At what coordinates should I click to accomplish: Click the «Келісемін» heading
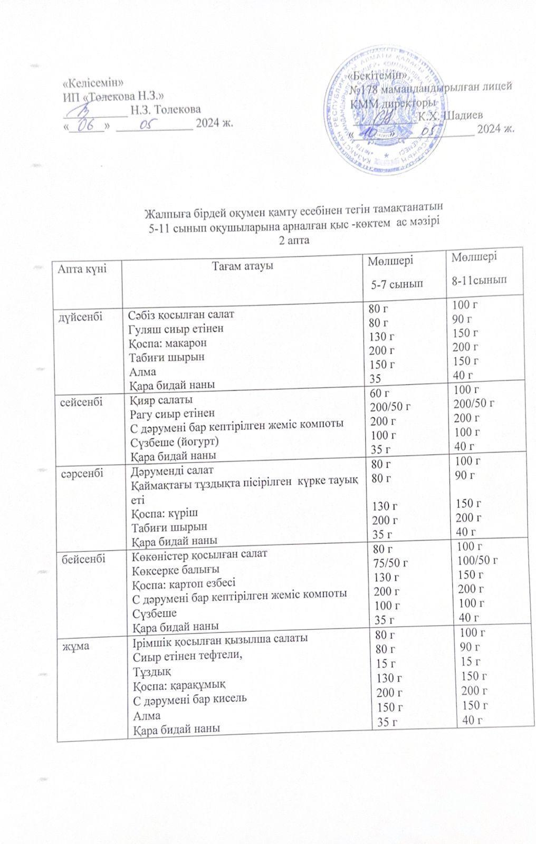[x=93, y=83]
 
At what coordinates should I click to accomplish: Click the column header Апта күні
[x=82, y=268]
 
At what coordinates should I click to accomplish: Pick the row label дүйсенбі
[x=80, y=316]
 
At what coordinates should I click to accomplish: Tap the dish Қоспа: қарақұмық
[x=178, y=685]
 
